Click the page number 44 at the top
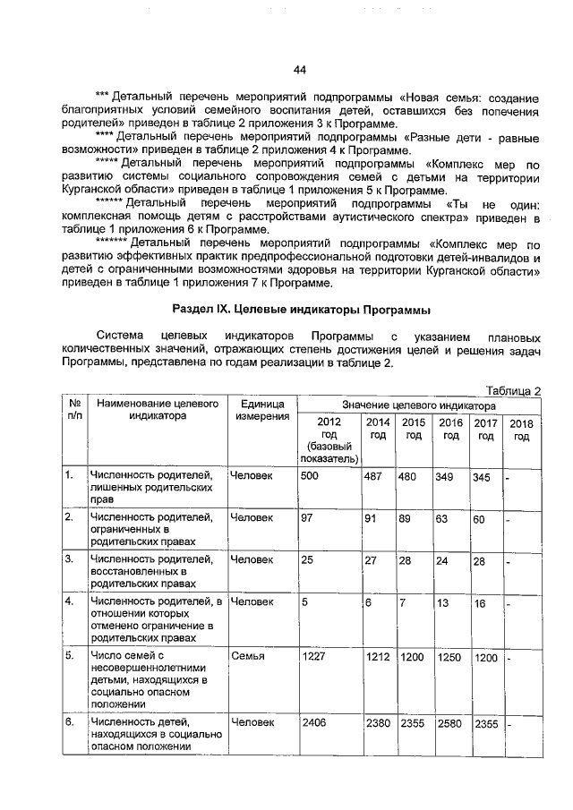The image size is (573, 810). (x=300, y=69)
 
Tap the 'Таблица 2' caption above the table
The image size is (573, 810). (x=512, y=390)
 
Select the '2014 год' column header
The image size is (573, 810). (x=378, y=429)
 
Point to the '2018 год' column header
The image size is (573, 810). (x=521, y=430)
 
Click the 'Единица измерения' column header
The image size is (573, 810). (x=262, y=410)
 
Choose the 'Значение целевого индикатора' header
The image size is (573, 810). (x=418, y=405)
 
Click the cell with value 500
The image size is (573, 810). (x=310, y=476)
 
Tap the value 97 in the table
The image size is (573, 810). (x=307, y=518)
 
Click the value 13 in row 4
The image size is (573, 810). (x=442, y=603)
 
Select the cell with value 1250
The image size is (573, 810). (x=448, y=658)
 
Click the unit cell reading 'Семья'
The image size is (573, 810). (x=246, y=657)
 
